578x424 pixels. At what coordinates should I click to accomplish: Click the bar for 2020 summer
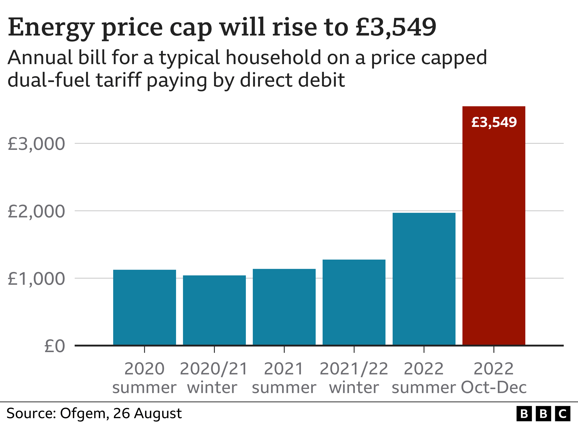pyautogui.click(x=144, y=307)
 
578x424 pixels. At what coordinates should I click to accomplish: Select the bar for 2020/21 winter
pyautogui.click(x=214, y=310)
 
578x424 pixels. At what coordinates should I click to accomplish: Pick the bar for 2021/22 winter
pyautogui.click(x=354, y=302)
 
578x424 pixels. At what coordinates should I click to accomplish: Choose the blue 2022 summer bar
pyautogui.click(x=424, y=279)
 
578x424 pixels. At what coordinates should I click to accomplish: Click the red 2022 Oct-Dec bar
pyautogui.click(x=494, y=226)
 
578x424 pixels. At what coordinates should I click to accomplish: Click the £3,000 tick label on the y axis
pyautogui.click(x=36, y=144)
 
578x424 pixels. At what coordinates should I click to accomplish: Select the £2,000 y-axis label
pyautogui.click(x=36, y=212)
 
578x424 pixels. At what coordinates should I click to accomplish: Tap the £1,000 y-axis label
pyautogui.click(x=36, y=279)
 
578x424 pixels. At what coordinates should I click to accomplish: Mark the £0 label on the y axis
pyautogui.click(x=54, y=346)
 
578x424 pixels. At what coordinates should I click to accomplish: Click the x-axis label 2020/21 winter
pyautogui.click(x=214, y=378)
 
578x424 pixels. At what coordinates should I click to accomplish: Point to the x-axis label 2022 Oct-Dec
pyautogui.click(x=494, y=378)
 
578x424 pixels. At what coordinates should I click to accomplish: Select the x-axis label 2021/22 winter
pyautogui.click(x=354, y=378)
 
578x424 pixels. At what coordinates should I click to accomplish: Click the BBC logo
pyautogui.click(x=543, y=414)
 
